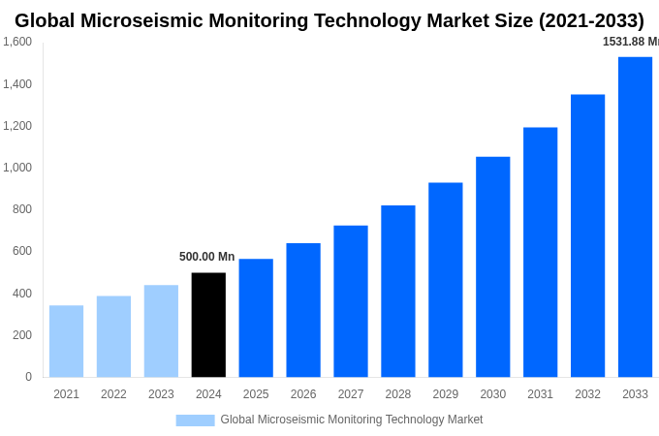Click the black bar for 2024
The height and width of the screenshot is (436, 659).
point(208,325)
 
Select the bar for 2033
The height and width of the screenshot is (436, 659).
point(635,217)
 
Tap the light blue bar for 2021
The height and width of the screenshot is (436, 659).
point(66,341)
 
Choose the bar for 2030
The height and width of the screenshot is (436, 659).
point(492,266)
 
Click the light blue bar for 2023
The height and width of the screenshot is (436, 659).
point(161,330)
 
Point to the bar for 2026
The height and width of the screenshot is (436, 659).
point(303,310)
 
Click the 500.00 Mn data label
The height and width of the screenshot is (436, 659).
point(206,257)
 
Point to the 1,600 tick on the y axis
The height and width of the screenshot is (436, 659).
point(17,42)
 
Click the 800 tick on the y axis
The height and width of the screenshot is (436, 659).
point(21,209)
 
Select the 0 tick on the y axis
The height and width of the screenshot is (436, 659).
point(28,377)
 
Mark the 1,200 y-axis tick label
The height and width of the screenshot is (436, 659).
point(17,126)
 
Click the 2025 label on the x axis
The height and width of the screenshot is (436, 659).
point(256,394)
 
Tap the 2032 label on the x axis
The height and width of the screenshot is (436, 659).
point(587,394)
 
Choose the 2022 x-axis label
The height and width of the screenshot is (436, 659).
point(113,394)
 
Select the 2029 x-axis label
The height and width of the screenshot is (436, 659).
point(446,394)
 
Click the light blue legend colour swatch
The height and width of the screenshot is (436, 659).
point(195,420)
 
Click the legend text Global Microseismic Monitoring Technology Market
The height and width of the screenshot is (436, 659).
point(351,420)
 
